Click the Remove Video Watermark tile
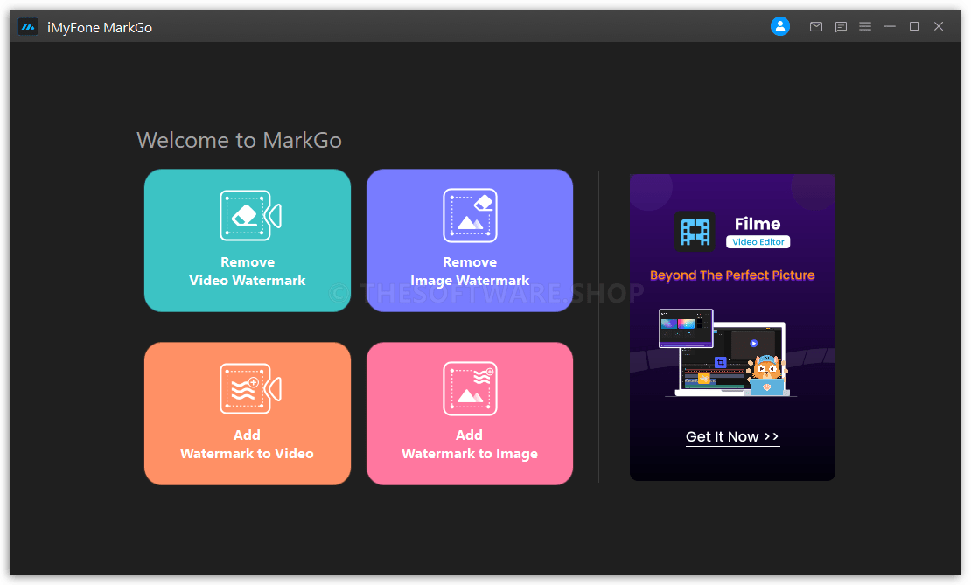point(247,240)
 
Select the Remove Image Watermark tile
point(470,240)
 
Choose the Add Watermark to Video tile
point(247,414)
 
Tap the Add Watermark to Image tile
point(470,414)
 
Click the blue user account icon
point(779,26)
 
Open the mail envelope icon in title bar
point(816,26)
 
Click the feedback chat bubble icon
point(841,26)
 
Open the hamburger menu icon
point(865,26)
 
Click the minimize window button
point(890,26)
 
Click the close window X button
point(939,26)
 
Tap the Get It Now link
point(732,437)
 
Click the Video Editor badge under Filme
point(758,242)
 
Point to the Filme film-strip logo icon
point(695,232)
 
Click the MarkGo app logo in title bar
point(28,26)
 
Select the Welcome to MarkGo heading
point(239,140)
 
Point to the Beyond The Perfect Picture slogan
point(732,275)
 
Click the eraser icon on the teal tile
point(245,215)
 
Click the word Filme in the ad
point(758,224)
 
